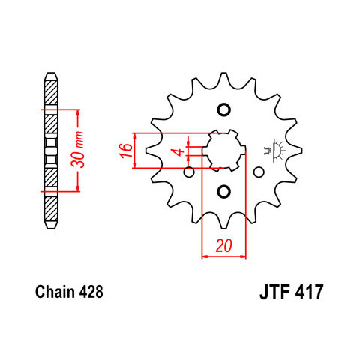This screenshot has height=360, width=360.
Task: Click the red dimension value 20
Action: tap(224, 245)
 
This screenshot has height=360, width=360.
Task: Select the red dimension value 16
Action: tap(126, 151)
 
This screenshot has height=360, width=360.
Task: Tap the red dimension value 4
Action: tap(179, 151)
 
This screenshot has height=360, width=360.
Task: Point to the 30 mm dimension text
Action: tap(77, 149)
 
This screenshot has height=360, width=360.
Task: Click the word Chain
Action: tap(55, 292)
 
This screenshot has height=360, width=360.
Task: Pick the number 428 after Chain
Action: tap(91, 292)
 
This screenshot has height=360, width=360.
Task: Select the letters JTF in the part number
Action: tap(274, 292)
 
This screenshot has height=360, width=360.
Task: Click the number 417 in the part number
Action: tap(309, 292)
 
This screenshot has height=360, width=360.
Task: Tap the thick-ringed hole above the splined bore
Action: tap(223, 109)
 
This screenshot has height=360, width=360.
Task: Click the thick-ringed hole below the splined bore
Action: tap(223, 192)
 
